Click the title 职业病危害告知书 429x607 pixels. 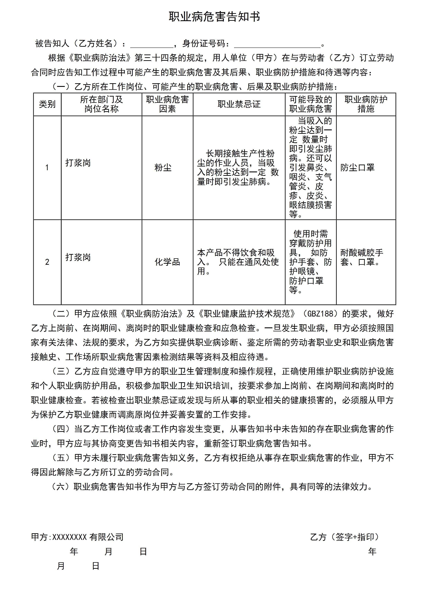click(214, 17)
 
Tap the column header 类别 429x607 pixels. click(47, 104)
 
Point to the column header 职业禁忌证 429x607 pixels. click(239, 104)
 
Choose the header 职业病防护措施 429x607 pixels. click(366, 104)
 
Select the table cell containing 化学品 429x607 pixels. click(167, 262)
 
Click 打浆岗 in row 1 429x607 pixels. click(78, 163)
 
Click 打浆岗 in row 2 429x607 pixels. click(78, 257)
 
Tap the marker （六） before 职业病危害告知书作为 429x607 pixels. click(61, 487)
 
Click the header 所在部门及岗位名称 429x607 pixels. click(102, 104)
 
